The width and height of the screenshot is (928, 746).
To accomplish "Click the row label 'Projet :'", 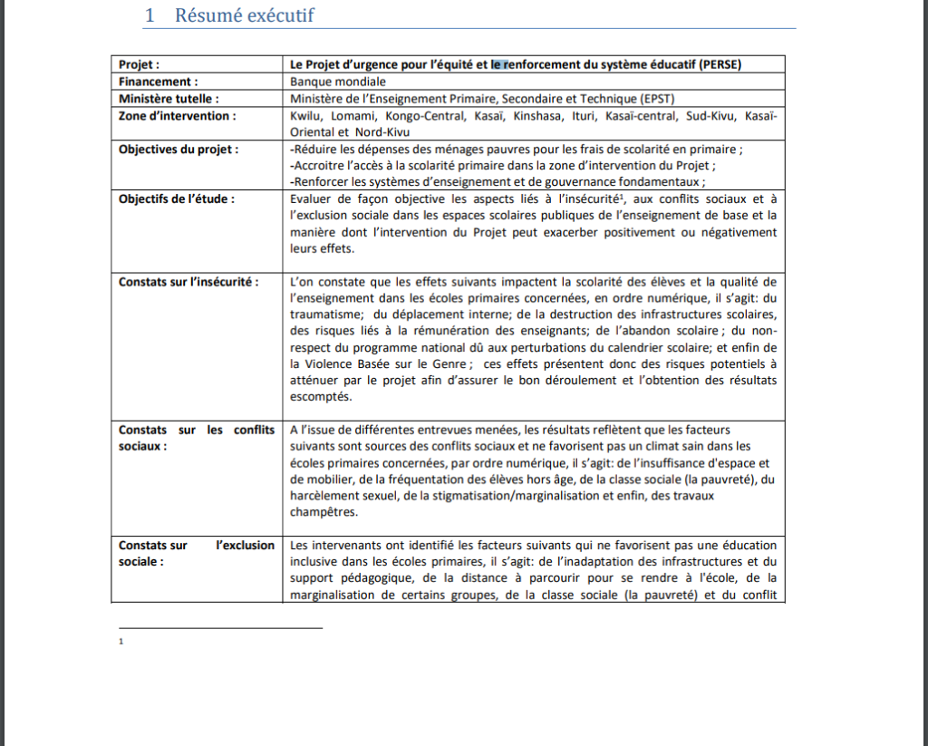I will pos(140,64).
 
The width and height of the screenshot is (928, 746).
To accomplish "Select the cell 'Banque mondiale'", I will pos(325,82).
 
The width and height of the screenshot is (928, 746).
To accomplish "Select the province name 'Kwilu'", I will pos(307,116).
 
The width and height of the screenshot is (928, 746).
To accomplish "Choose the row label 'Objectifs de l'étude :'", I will pos(176,199).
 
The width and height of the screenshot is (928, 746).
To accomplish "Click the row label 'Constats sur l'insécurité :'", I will pos(188,282).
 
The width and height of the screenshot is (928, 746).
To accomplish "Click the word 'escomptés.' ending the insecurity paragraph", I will pos(323,397).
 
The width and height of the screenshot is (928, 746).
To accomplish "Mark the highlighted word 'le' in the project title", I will pos(497,64).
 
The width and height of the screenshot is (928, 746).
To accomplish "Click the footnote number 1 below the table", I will pos(121,642).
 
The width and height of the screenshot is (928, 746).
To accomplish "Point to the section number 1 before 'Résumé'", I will pos(150,15).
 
